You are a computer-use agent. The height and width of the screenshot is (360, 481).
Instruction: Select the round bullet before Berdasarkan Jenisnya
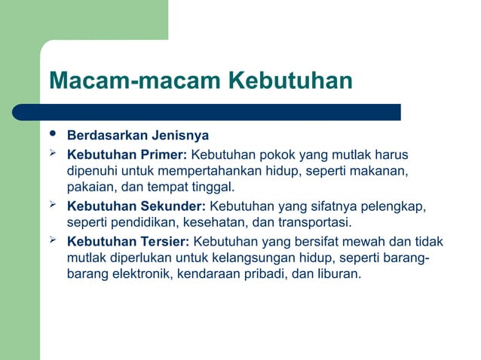(52, 135)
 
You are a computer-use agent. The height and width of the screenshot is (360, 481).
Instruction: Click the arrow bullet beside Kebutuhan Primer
(53, 154)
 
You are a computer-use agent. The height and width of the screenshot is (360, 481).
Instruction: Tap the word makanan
(380, 172)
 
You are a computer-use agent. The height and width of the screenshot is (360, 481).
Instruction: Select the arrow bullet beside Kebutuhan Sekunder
(53, 205)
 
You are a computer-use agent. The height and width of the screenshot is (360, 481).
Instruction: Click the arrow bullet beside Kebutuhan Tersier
(53, 240)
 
